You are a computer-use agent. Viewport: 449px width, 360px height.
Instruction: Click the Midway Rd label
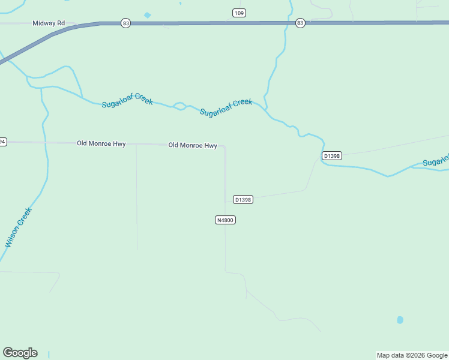point(49,23)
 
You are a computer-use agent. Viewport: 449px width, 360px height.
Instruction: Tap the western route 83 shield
point(125,23)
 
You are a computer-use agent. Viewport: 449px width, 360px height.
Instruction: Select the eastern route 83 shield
point(300,23)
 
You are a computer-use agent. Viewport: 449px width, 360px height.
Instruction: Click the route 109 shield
point(239,13)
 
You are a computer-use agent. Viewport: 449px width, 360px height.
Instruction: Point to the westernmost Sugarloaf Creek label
point(127,100)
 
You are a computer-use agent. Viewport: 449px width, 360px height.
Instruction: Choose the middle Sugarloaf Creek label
point(226,107)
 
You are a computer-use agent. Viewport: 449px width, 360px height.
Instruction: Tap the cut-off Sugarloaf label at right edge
point(436,161)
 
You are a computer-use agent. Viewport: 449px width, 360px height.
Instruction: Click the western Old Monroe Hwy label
point(101,144)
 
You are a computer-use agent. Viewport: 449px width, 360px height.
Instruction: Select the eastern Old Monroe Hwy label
point(192,145)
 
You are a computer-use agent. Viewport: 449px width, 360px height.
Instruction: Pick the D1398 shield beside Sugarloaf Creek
point(331,156)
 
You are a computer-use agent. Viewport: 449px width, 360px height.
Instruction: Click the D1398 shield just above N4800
point(243,200)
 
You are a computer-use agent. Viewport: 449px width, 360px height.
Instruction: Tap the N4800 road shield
point(224,220)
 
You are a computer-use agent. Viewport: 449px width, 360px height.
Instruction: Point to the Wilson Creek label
point(17,227)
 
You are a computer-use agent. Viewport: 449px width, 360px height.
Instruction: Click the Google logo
point(20,353)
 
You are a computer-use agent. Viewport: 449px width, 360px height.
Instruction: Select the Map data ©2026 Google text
point(412,355)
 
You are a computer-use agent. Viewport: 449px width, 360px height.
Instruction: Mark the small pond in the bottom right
point(400,320)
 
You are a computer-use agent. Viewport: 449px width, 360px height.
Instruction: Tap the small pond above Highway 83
point(148,15)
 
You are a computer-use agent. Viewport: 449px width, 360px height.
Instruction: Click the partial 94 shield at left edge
point(2,142)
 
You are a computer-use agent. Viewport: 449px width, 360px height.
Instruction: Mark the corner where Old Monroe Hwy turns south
point(224,146)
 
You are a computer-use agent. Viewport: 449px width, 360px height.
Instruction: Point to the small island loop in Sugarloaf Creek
point(179,107)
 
